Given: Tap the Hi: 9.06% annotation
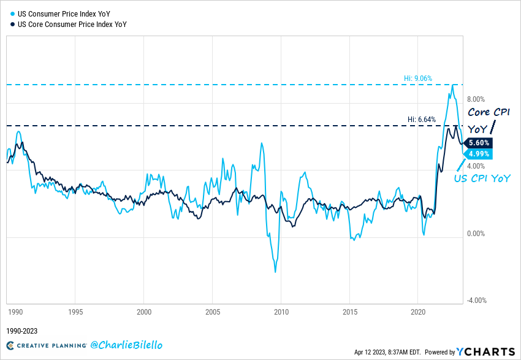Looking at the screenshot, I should coord(418,79).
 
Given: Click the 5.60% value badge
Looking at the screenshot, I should coord(479,143).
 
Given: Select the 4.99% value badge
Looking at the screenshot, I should coord(479,153).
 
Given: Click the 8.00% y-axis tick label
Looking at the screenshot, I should coord(476,99).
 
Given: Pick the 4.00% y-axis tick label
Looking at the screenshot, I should coord(476,166).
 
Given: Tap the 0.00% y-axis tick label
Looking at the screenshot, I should coord(476,234).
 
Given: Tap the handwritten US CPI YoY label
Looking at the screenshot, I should coord(482,178).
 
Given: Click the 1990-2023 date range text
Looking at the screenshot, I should coord(23,331).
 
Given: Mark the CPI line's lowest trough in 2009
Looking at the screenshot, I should coord(275,272).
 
